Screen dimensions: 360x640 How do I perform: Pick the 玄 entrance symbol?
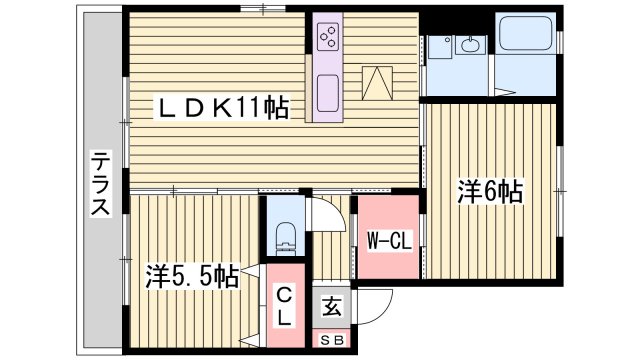[331, 307]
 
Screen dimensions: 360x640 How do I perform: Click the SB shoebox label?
[330, 340]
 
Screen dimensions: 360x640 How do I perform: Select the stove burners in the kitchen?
[328, 37]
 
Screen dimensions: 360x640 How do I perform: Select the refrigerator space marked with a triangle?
[376, 80]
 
